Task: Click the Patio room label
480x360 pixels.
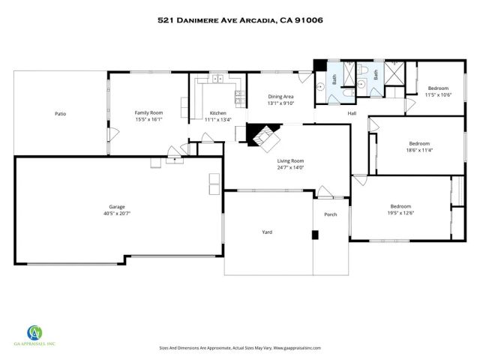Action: tap(60, 114)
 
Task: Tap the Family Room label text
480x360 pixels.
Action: tap(148, 112)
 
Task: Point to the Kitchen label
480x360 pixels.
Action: tap(217, 112)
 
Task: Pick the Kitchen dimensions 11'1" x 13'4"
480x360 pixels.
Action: tap(217, 118)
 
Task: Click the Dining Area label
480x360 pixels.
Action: tap(280, 97)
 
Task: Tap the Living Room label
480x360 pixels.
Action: tap(289, 160)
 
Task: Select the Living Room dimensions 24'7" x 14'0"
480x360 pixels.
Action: tap(289, 167)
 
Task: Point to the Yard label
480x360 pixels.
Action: tap(266, 232)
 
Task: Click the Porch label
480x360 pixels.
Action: tap(331, 215)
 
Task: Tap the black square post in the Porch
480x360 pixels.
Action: tap(316, 235)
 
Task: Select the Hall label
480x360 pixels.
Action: tap(352, 113)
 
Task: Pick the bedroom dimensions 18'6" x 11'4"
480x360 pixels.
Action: tap(419, 149)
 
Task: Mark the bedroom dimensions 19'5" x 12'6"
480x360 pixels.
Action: tap(400, 212)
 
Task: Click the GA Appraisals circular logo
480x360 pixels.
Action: tap(35, 332)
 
